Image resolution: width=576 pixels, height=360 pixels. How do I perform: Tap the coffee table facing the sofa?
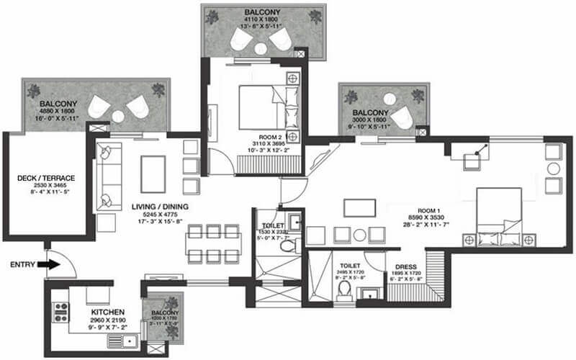click(153, 174)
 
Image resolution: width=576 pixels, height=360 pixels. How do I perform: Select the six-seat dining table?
click(212, 243)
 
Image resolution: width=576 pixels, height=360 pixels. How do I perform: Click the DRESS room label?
click(406, 266)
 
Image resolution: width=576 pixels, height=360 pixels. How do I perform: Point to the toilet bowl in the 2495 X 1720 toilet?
click(344, 288)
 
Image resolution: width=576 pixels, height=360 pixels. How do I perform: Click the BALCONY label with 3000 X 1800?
click(371, 113)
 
